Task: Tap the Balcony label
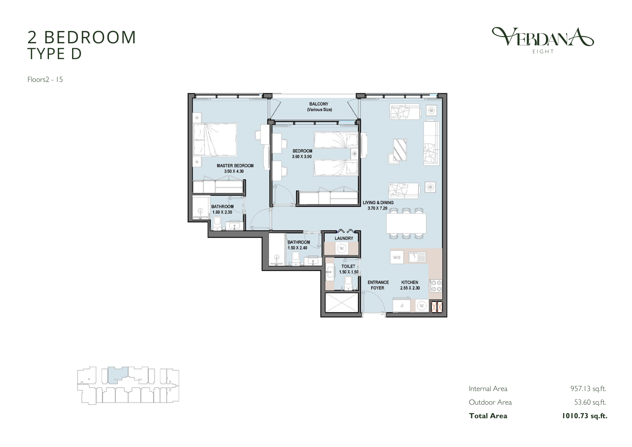[x=319, y=104]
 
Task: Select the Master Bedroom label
[x=235, y=166]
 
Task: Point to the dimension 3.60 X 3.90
[x=302, y=156]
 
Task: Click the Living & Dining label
[x=378, y=203]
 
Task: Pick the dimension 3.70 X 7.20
[x=377, y=208]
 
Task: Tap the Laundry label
[x=344, y=238]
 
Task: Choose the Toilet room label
[x=348, y=266]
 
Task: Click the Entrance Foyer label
[x=378, y=285]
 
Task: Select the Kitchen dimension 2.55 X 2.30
[x=410, y=288]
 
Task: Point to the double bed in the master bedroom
[x=215, y=140]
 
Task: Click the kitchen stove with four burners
[x=436, y=286]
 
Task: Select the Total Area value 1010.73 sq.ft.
[x=584, y=416]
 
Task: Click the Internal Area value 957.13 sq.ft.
[x=588, y=389]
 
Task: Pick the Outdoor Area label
[x=490, y=402]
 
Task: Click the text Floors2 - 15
[x=45, y=80]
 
